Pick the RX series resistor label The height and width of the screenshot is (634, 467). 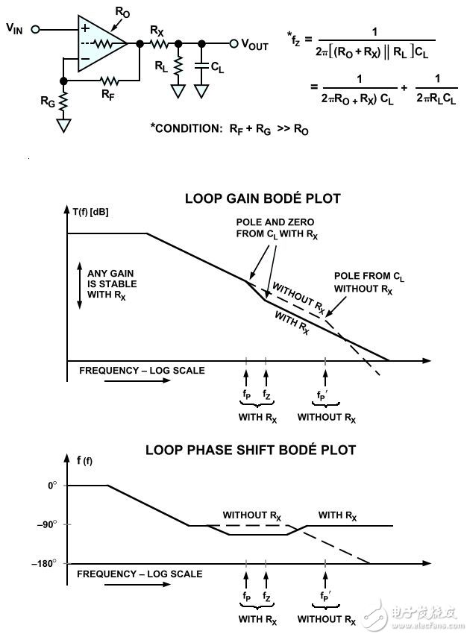point(157,31)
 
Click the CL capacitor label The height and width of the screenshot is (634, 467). point(217,67)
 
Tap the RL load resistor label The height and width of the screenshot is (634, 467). point(161,66)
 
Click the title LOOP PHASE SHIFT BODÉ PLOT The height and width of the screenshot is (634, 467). point(250,450)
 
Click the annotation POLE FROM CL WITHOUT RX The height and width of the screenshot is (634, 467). point(364,282)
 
